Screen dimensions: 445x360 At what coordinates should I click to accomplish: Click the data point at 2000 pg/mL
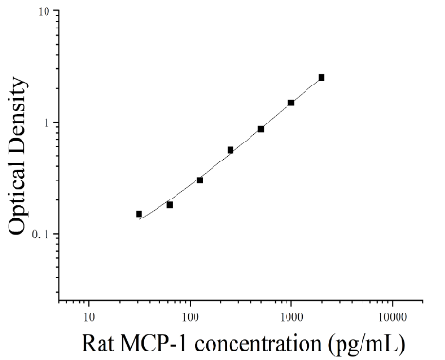point(322,78)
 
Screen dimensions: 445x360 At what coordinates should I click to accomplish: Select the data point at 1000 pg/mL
point(291,103)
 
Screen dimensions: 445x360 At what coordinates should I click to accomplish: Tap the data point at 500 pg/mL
point(261,129)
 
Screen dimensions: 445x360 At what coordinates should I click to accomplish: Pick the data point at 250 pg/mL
point(231,150)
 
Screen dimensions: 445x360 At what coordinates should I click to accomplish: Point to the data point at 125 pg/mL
point(200,180)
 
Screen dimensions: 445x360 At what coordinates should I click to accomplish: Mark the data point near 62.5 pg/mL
point(170,205)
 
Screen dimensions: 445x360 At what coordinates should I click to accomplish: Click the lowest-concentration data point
point(139,214)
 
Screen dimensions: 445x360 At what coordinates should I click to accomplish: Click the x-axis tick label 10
point(89,317)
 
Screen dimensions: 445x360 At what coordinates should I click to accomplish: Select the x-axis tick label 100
point(190,317)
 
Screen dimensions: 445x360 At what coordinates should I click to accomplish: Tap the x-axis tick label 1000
point(291,317)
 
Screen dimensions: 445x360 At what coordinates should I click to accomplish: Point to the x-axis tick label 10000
point(393,317)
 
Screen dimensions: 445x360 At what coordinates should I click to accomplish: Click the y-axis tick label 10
point(45,12)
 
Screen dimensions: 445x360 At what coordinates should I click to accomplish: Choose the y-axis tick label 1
point(47,123)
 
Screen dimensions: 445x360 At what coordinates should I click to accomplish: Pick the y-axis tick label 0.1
point(41,235)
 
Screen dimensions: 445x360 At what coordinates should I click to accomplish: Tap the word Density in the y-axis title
point(18,118)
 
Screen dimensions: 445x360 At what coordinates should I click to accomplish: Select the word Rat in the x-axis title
point(98,343)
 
